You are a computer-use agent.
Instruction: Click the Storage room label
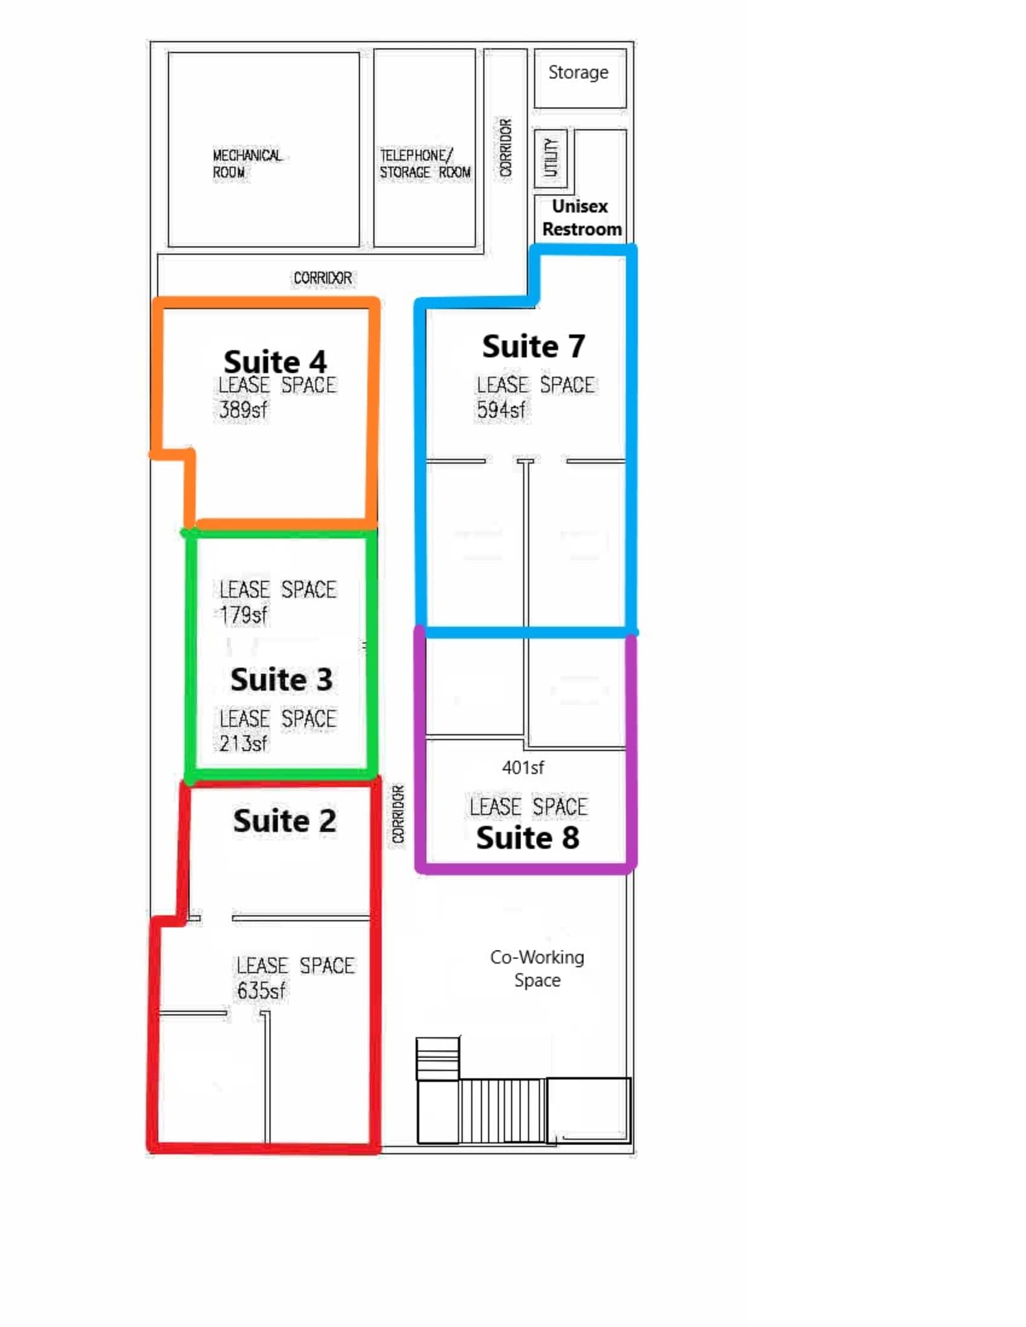pyautogui.click(x=578, y=73)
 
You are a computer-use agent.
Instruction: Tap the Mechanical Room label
pyautogui.click(x=247, y=164)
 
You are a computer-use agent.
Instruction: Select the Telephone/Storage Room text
pyautogui.click(x=425, y=164)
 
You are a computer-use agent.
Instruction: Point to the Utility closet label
pyautogui.click(x=550, y=157)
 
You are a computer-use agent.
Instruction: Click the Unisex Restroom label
pyautogui.click(x=581, y=218)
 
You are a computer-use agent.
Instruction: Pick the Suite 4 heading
pyautogui.click(x=275, y=361)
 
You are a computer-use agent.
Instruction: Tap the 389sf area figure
pyautogui.click(x=242, y=410)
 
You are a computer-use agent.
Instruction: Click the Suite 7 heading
pyautogui.click(x=533, y=346)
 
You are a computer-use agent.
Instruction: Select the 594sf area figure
pyautogui.click(x=501, y=410)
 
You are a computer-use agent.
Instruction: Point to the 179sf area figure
pyautogui.click(x=243, y=614)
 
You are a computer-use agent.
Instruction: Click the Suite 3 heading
pyautogui.click(x=281, y=680)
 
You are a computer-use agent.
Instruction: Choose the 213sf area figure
pyautogui.click(x=243, y=743)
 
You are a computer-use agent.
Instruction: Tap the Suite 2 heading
pyautogui.click(x=285, y=821)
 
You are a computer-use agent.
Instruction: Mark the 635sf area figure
pyautogui.click(x=261, y=990)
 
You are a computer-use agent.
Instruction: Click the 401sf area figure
pyautogui.click(x=522, y=768)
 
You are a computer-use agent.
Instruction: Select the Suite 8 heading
pyautogui.click(x=528, y=838)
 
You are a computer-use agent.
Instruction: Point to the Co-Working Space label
pyautogui.click(x=537, y=969)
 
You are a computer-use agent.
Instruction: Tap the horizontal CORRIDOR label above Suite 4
pyautogui.click(x=323, y=278)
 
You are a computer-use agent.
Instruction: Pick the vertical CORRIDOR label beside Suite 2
pyautogui.click(x=398, y=814)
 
